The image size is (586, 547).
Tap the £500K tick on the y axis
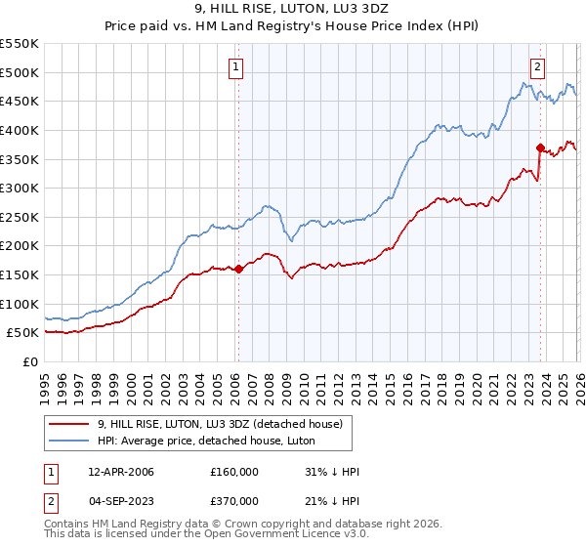tap(20, 72)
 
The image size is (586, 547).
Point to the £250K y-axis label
tap(20, 217)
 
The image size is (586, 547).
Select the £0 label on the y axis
tap(30, 361)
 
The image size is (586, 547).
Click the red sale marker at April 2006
tap(238, 269)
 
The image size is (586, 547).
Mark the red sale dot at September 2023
tap(540, 147)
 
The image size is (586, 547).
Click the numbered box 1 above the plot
tap(237, 67)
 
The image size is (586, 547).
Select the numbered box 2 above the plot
tap(538, 67)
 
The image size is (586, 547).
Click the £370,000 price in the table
tap(234, 501)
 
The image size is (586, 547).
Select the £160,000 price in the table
tap(234, 472)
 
